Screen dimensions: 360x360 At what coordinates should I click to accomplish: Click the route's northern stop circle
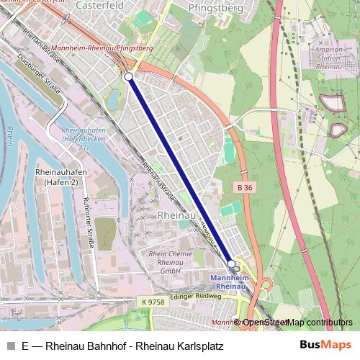point(128,76)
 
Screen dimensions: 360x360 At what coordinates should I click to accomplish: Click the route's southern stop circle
point(232,264)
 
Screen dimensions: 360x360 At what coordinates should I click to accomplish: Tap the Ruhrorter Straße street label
point(89,222)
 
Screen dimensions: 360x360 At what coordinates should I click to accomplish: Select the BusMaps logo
point(325,345)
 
